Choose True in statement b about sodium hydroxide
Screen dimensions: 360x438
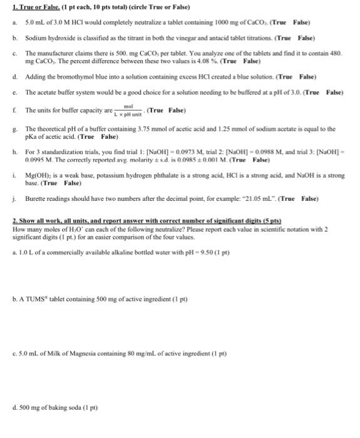pos(272,38)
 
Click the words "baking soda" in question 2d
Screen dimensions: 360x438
pos(68,409)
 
